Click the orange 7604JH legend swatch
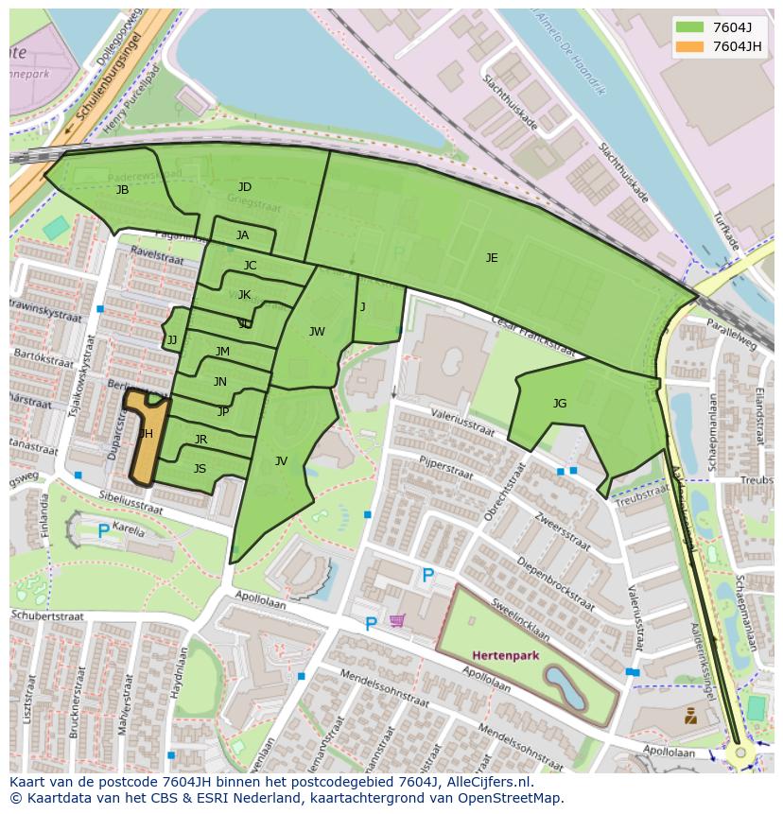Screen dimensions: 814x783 point(690,46)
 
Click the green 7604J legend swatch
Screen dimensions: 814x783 point(690,27)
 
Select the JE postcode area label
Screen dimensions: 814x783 point(492,257)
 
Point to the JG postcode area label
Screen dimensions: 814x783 point(560,404)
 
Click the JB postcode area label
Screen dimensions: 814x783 point(122,190)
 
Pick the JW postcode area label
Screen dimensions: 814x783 point(317,331)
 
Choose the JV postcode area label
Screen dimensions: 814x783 point(281,461)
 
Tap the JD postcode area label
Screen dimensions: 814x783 point(245,187)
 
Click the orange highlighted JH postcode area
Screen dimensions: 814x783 point(145,435)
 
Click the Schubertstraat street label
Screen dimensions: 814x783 point(47,615)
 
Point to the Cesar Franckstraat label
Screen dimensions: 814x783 point(532,335)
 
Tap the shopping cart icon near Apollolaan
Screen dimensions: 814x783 point(397,620)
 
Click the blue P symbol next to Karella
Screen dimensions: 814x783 point(103,531)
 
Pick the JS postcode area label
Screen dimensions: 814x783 point(200,468)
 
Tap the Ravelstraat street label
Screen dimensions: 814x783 point(155,254)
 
